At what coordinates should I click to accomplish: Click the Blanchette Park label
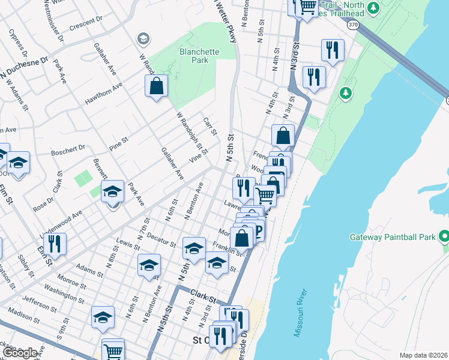click(x=199, y=56)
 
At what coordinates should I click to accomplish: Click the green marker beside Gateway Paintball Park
click(x=444, y=236)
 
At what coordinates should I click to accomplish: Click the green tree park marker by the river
click(x=345, y=93)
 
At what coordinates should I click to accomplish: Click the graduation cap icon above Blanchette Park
click(x=143, y=40)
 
